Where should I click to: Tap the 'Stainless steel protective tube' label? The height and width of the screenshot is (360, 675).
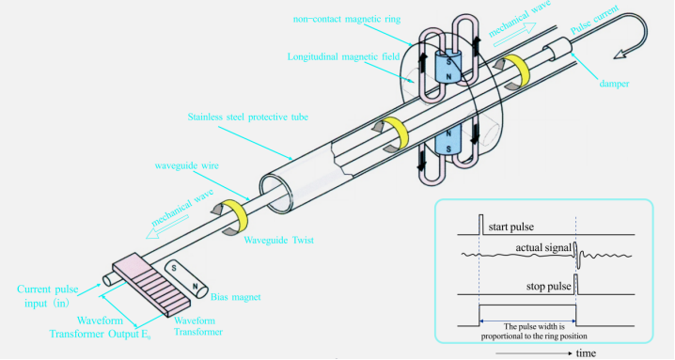point(247,116)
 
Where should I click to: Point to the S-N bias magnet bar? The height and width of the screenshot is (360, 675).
point(185,276)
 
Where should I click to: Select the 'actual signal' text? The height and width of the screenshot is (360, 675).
point(543,246)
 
